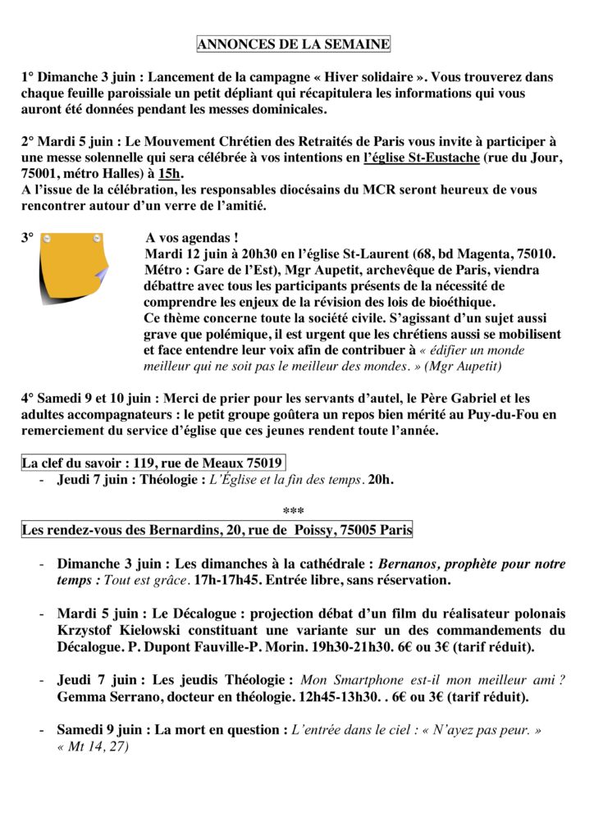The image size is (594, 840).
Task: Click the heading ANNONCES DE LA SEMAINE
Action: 294,43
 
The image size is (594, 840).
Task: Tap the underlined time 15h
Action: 171,173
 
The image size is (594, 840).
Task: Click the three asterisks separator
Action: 293,513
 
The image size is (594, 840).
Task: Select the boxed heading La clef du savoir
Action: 153,463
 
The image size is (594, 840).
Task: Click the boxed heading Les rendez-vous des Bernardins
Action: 217,530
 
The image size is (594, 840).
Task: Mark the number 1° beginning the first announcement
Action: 28,78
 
